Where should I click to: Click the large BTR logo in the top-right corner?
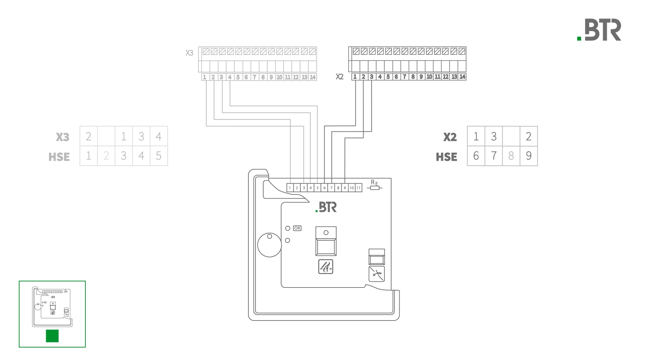[x=599, y=30]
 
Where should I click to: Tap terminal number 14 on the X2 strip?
[x=462, y=77]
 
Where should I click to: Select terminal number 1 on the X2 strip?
[x=355, y=77]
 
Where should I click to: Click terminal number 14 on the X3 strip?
[x=313, y=77]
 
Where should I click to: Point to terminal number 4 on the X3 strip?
[x=230, y=77]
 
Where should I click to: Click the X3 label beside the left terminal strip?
[x=189, y=53]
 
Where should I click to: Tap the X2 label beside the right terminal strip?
[x=340, y=77]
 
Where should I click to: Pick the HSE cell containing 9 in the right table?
[x=529, y=156]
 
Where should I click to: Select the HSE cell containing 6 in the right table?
[x=476, y=156]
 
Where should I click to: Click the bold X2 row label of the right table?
[x=450, y=137]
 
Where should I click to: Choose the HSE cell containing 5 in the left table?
[x=159, y=156]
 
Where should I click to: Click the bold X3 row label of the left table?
[x=62, y=137]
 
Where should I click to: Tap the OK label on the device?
[x=297, y=228]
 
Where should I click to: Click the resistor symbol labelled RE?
[x=375, y=188]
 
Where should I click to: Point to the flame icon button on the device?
[x=326, y=267]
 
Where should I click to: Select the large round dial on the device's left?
[x=269, y=245]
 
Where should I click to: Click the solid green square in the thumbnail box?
[x=52, y=336]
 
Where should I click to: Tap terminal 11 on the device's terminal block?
[x=358, y=188]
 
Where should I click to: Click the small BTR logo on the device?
[x=326, y=207]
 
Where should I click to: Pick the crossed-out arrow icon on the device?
[x=377, y=274]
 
